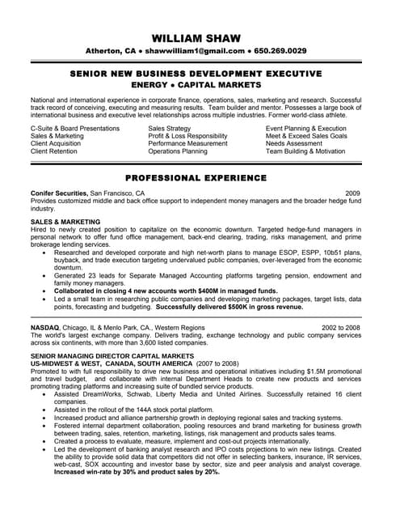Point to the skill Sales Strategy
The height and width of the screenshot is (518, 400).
pos(170,129)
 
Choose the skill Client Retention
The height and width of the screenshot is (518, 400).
pos(54,151)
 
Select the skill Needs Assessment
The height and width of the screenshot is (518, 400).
pos(295,144)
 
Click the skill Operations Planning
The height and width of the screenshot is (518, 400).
pos(178,151)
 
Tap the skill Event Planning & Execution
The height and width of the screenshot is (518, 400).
pos(306,129)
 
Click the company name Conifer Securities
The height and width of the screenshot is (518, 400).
pos(58,193)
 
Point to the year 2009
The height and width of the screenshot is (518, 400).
pos(353,193)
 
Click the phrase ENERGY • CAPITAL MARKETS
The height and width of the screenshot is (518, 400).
pos(198,84)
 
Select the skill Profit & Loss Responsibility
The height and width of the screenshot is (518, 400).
pos(187,136)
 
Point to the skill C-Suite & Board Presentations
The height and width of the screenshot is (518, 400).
pos(74,129)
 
